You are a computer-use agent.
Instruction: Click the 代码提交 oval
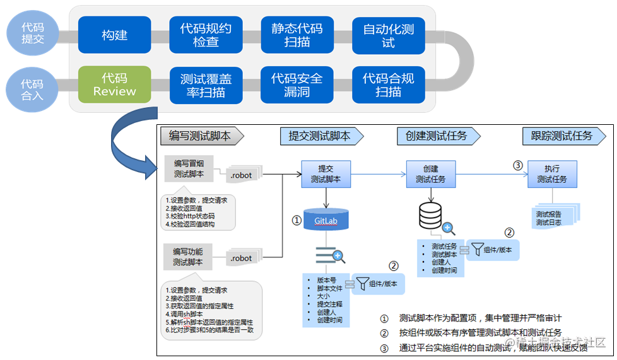[x=33, y=33]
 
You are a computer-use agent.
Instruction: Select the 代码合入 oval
[x=32, y=89]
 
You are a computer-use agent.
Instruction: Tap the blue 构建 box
[x=115, y=35]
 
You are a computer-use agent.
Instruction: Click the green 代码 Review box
[x=114, y=84]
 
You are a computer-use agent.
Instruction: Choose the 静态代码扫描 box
[x=297, y=35]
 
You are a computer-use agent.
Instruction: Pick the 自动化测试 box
[x=388, y=35]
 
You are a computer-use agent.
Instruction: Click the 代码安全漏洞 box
[x=297, y=84]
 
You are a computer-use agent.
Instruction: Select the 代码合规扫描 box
[x=388, y=84]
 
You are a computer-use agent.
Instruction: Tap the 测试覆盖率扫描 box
[x=206, y=84]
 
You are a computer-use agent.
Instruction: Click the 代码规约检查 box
[x=206, y=35]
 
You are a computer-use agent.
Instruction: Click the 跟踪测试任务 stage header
[x=561, y=136]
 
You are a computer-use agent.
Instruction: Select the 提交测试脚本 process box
[x=326, y=174]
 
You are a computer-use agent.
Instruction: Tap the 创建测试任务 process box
[x=431, y=174]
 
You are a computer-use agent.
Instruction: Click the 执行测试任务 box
[x=552, y=174]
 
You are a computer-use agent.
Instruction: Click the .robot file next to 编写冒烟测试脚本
[x=242, y=175]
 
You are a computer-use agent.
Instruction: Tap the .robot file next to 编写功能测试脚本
[x=242, y=258]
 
